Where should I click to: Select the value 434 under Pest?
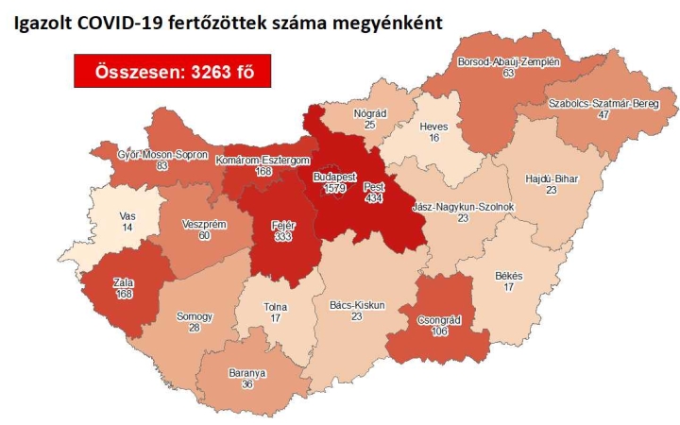(x=374, y=199)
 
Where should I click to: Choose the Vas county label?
(x=127, y=216)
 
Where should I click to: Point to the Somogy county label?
(x=195, y=315)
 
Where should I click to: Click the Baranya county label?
(x=247, y=373)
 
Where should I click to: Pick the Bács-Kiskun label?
(x=354, y=306)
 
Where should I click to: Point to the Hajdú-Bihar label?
(x=552, y=177)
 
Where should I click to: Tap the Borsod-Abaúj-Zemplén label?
(x=509, y=60)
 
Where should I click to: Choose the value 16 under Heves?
(x=433, y=137)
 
